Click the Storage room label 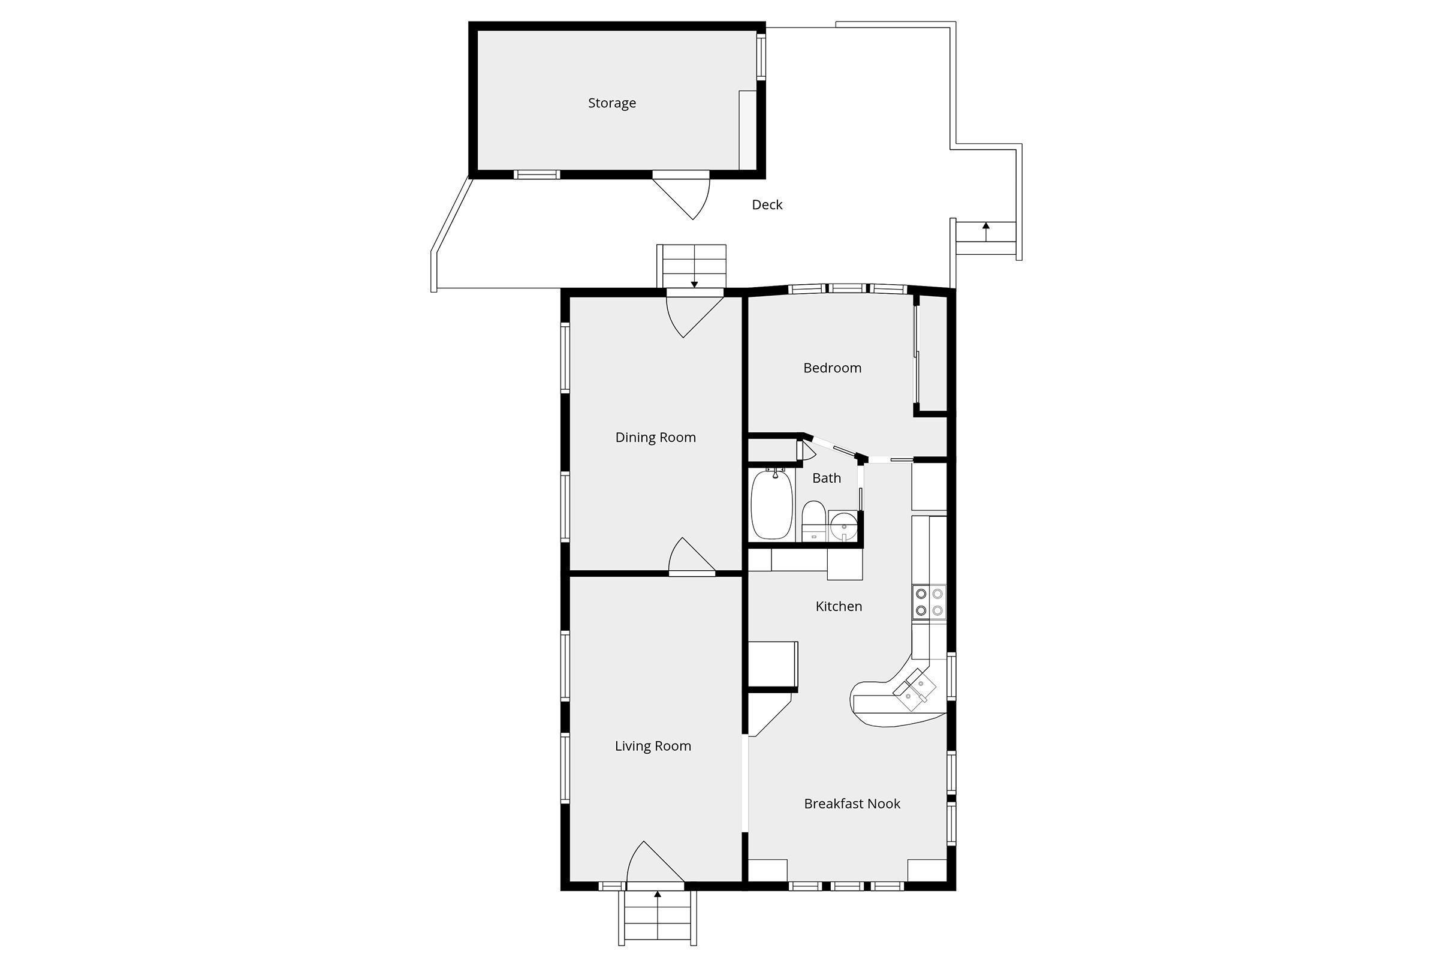point(611,103)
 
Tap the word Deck point(767,204)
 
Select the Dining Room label point(655,438)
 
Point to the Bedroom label point(832,368)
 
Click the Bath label point(827,478)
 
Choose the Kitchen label point(839,606)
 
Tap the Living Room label point(652,746)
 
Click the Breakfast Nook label point(852,804)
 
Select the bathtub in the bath point(771,504)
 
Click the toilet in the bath point(813,521)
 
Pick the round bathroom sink point(843,526)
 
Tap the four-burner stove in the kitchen point(929,602)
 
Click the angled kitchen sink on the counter point(914,690)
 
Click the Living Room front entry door point(655,863)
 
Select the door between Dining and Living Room point(692,557)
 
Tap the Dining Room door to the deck point(694,315)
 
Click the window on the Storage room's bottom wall point(537,175)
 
